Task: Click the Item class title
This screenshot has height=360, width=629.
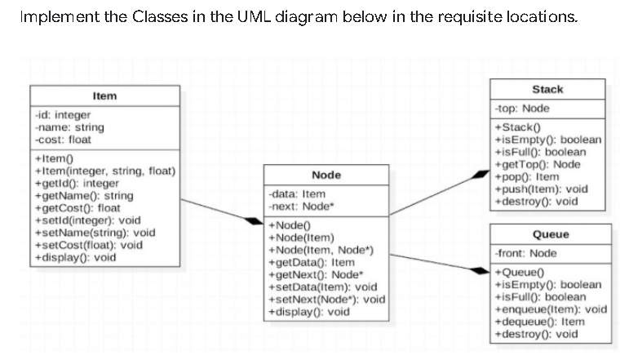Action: pos(104,96)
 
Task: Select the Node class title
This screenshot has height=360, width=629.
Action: pos(326,176)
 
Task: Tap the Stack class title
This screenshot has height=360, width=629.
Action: pos(547,89)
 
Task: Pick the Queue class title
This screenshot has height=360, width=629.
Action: pos(550,234)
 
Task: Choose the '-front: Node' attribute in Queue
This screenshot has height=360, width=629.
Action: pos(526,254)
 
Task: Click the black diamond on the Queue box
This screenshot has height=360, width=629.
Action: pos(477,269)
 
